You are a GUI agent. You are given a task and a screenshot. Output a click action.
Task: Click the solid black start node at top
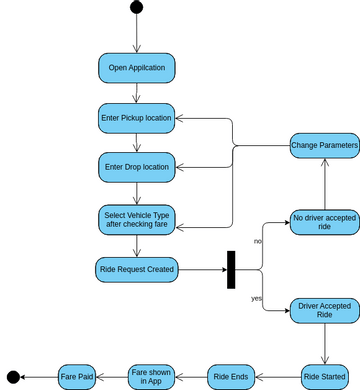(x=136, y=8)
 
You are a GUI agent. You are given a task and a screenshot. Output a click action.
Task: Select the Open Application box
(x=137, y=68)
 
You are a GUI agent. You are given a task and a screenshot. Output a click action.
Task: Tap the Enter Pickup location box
(x=137, y=117)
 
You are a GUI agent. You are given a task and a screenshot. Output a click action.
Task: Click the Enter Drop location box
(x=137, y=166)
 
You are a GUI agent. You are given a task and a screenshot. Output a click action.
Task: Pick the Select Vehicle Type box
(x=137, y=220)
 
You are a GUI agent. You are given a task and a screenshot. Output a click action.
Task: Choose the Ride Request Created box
(x=137, y=268)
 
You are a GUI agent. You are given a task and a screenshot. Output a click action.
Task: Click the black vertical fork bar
(x=231, y=268)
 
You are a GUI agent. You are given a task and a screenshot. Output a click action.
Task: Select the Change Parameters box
(x=324, y=146)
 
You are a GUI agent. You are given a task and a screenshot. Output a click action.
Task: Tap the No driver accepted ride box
(x=324, y=221)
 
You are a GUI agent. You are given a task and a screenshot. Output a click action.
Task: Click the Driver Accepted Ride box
(x=324, y=310)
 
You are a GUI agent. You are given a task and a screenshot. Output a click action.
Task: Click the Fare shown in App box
(x=152, y=376)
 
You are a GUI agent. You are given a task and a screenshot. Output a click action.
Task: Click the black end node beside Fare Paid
(x=13, y=377)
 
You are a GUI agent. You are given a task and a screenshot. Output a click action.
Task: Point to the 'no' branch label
(x=257, y=241)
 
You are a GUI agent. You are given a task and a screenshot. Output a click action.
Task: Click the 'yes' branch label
(x=257, y=298)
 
